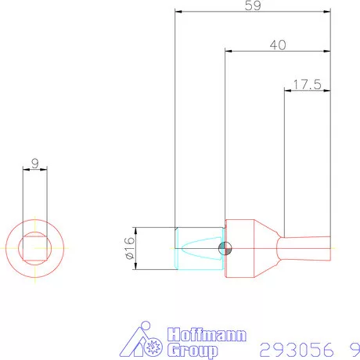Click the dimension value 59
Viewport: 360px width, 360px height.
tap(252, 6)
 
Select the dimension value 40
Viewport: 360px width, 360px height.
tap(277, 45)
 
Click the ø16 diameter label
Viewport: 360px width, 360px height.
tap(129, 249)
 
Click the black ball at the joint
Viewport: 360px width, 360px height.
tap(225, 249)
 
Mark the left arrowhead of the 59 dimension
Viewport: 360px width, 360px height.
tap(179, 13)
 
